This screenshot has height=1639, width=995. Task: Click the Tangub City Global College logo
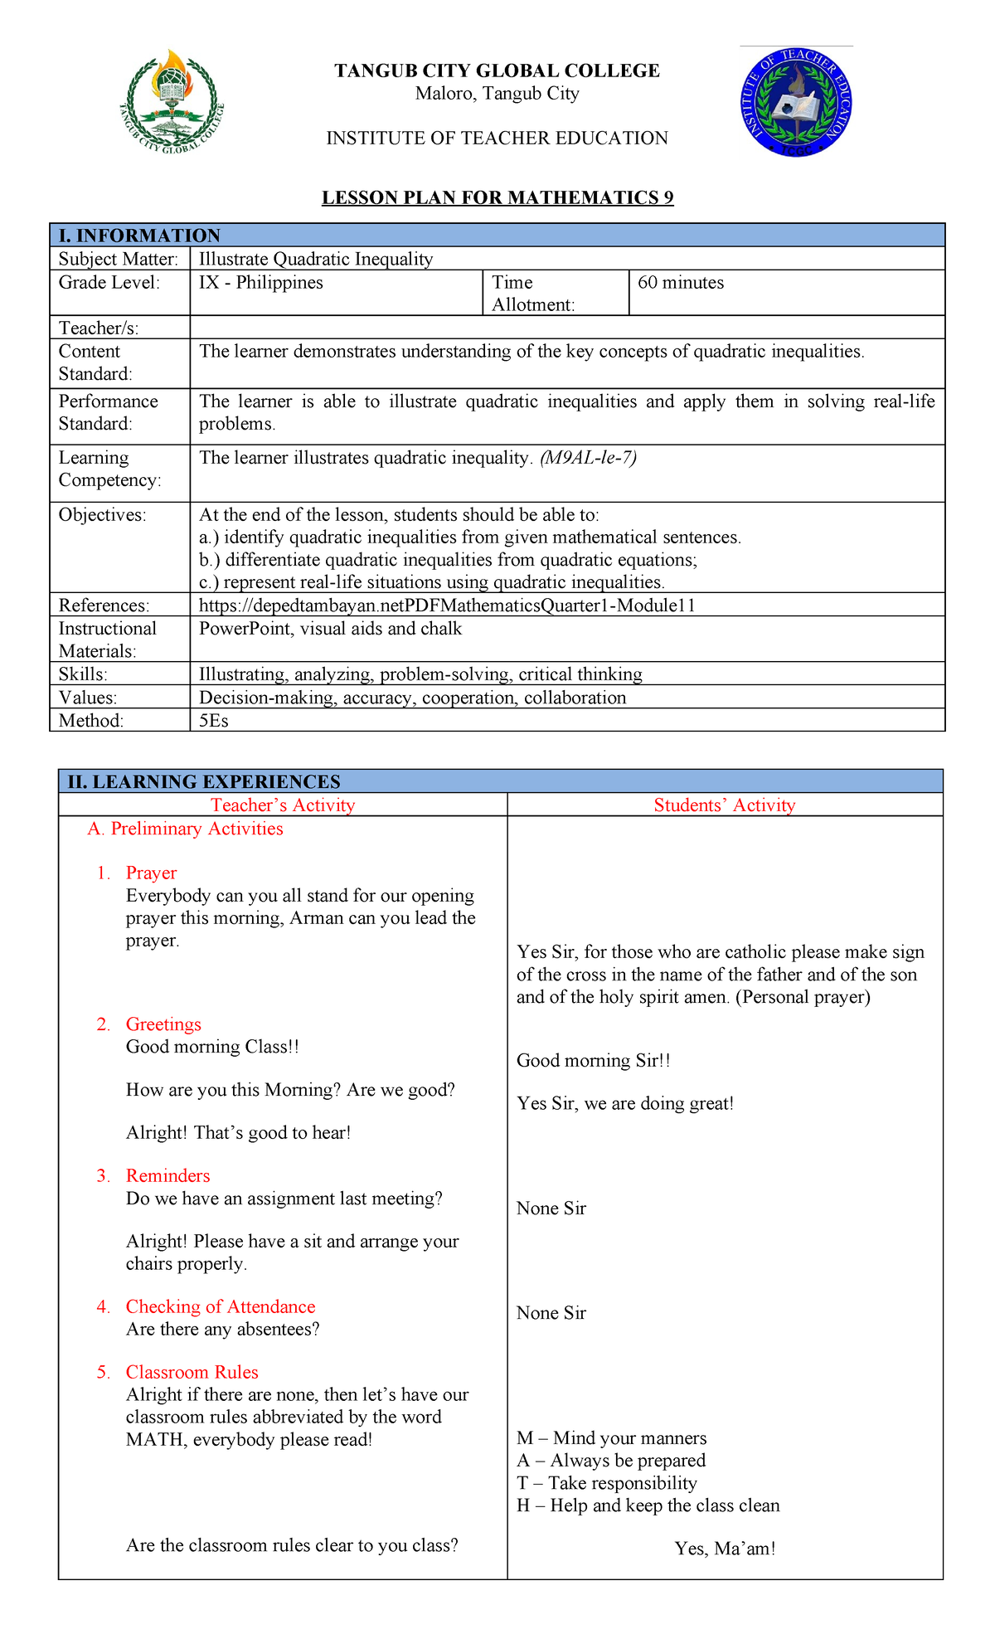[x=172, y=103]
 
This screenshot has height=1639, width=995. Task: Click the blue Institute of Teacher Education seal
[x=796, y=103]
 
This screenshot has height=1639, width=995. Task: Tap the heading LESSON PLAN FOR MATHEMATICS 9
[x=498, y=197]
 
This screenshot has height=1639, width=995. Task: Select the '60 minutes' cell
[x=681, y=283]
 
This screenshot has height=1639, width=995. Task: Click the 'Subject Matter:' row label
[x=119, y=259]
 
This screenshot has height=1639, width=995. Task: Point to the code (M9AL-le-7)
[x=588, y=458]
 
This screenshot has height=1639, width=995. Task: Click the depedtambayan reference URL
[x=447, y=606]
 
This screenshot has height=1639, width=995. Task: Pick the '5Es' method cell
[x=214, y=720]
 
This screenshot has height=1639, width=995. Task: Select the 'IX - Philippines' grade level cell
[x=261, y=283]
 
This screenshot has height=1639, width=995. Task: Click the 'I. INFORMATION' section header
[x=139, y=236]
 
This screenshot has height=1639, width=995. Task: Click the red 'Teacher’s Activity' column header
[x=283, y=805]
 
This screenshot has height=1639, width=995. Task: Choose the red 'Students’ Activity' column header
[x=724, y=805]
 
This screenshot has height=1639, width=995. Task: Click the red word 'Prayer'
[x=151, y=873]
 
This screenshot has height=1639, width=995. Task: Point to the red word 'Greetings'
[x=163, y=1024]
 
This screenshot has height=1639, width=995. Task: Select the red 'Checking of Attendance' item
[x=221, y=1306]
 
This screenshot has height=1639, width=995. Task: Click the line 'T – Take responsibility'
[x=606, y=1483]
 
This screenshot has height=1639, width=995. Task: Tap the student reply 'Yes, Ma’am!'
[x=725, y=1548]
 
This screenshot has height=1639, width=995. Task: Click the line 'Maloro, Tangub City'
[x=497, y=94]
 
